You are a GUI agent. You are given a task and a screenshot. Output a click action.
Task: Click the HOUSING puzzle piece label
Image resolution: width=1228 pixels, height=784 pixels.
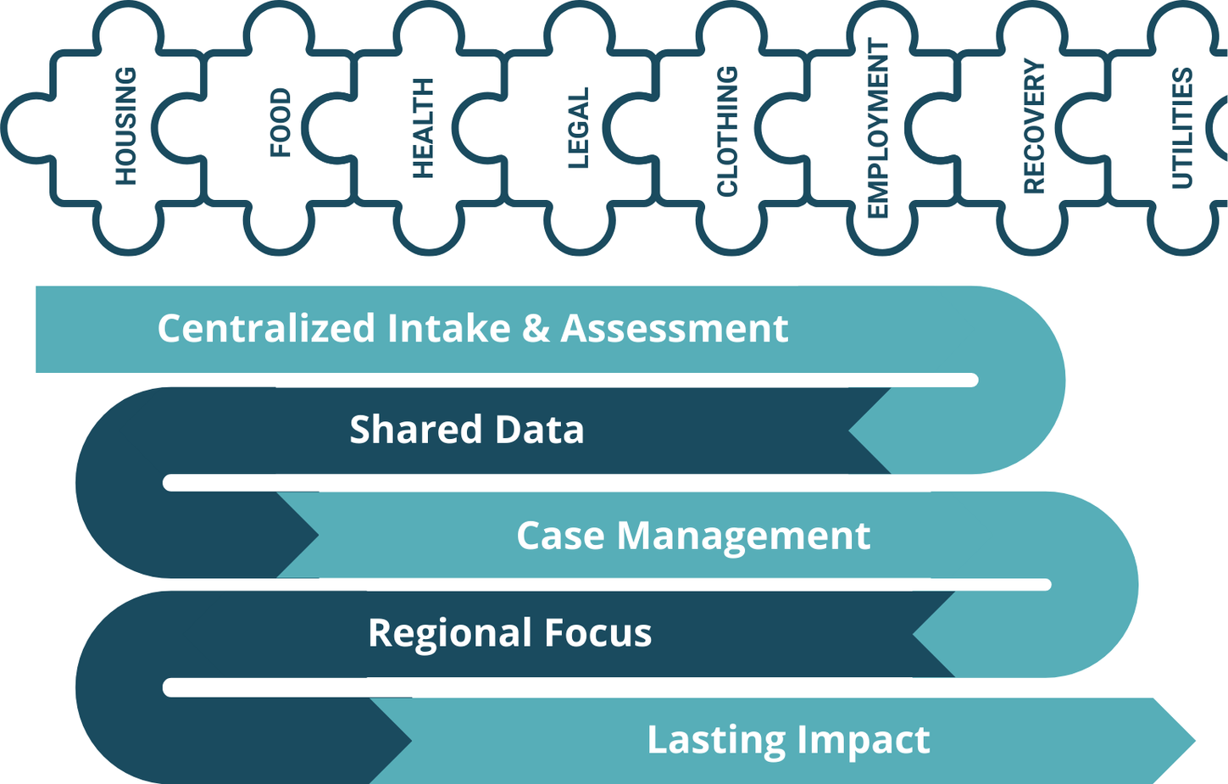(x=125, y=125)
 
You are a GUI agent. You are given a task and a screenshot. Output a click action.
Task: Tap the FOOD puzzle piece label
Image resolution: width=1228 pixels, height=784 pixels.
(x=281, y=123)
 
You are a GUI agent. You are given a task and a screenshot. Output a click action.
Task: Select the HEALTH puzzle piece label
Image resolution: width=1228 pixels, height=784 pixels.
(x=423, y=128)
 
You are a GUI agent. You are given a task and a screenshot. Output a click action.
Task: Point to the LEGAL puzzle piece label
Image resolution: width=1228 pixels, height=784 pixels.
(x=578, y=128)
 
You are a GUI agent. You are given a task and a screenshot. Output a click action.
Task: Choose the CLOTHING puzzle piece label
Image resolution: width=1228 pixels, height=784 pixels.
(x=727, y=131)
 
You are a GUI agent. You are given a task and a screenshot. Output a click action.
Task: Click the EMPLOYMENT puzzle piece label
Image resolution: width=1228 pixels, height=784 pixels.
(x=878, y=128)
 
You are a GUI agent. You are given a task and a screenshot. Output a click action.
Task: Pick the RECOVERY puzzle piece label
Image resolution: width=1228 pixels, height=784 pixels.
(x=1035, y=126)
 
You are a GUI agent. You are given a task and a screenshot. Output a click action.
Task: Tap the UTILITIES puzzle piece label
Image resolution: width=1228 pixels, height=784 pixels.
(x=1182, y=128)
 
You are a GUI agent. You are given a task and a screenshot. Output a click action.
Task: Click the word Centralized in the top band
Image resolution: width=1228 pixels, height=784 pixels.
(x=266, y=328)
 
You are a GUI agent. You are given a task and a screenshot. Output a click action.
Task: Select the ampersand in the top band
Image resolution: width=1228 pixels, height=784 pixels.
(x=536, y=328)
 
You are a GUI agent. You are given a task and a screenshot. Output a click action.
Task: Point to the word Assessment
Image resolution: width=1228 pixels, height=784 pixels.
(x=675, y=328)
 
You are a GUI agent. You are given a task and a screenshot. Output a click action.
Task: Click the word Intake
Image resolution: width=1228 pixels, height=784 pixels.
(x=448, y=328)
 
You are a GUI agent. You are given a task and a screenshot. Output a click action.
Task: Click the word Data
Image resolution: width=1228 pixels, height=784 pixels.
(x=540, y=429)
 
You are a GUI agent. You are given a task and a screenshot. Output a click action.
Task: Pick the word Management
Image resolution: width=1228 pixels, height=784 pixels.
(x=744, y=537)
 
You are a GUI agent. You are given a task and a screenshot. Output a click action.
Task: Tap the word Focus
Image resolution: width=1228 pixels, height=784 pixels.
(x=598, y=633)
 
